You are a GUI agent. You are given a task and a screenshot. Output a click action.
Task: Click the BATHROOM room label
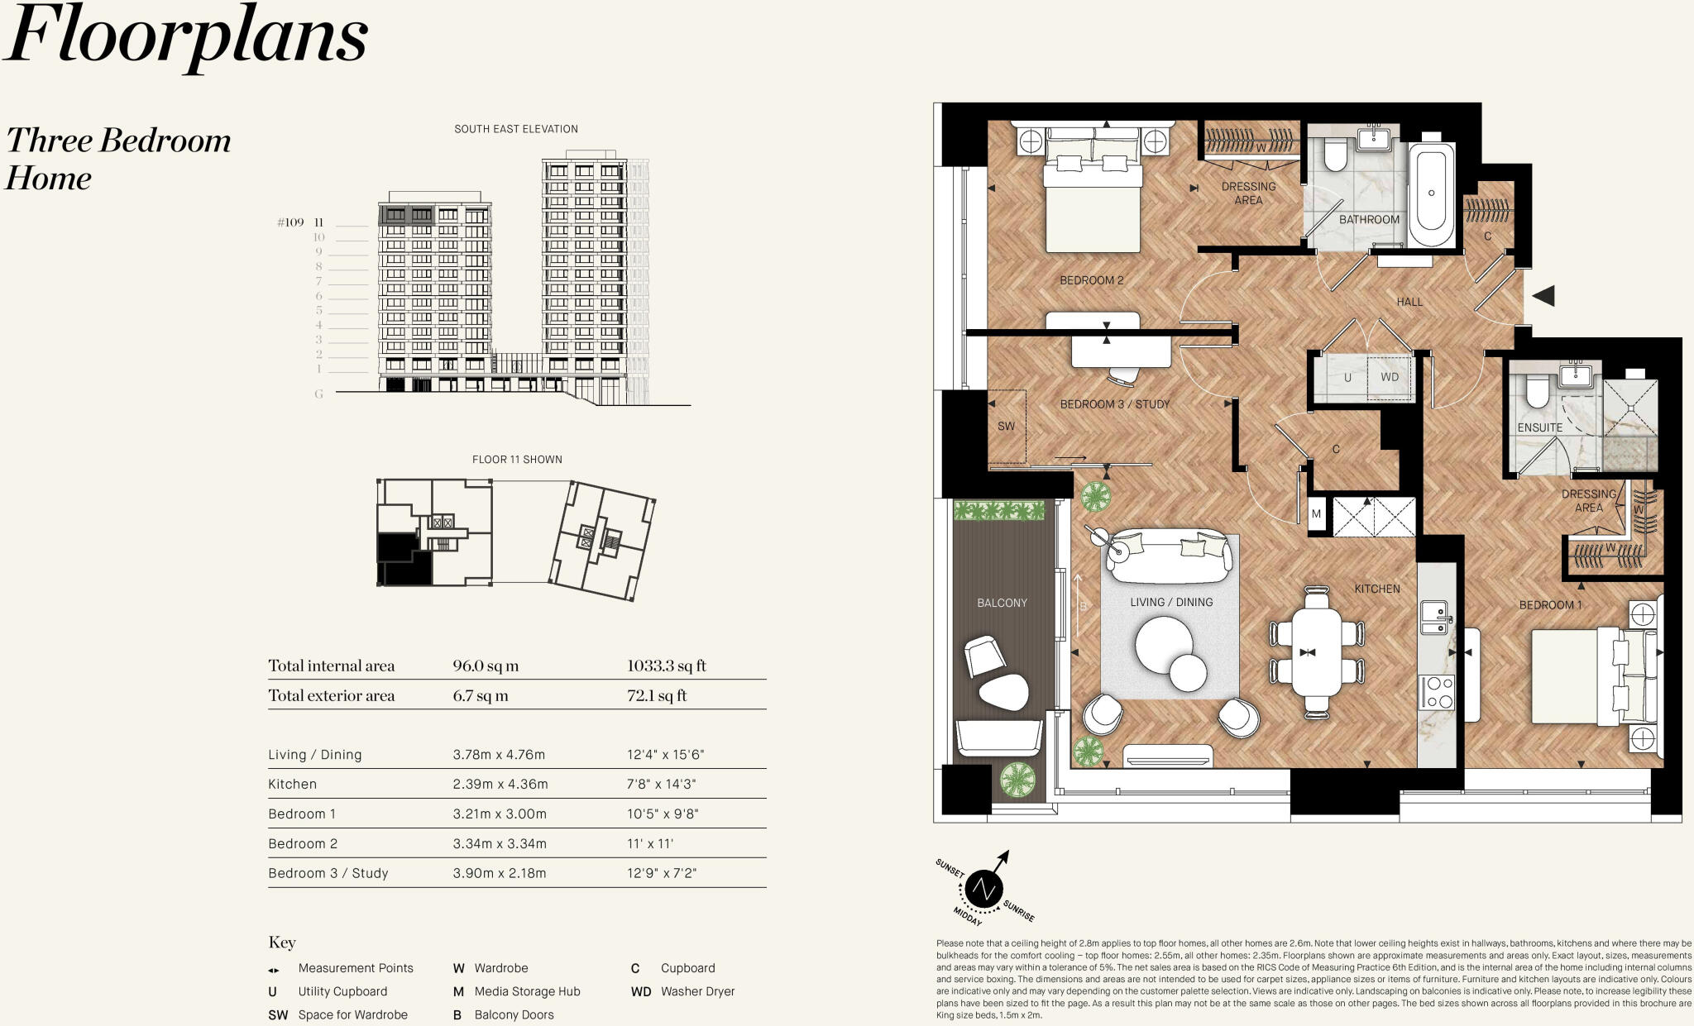pos(1369,219)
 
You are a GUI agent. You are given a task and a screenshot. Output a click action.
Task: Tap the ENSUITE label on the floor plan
pos(1539,427)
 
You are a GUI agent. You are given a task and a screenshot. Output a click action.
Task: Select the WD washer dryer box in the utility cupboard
pos(1390,377)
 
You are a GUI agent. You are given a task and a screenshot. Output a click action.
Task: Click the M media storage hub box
pos(1316,514)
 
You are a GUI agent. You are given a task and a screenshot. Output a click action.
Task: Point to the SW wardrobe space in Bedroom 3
pos(1006,427)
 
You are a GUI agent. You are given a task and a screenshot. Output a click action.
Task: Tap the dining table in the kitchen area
pos(1317,651)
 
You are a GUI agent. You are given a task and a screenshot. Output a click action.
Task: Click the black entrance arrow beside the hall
pos(1543,295)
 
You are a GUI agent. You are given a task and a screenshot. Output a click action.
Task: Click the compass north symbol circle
pos(983,889)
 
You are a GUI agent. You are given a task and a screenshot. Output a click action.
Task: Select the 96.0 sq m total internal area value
pos(486,666)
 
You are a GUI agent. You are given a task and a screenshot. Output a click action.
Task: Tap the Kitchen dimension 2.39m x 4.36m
pos(500,784)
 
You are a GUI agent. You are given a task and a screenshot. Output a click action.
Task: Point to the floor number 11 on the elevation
pos(318,222)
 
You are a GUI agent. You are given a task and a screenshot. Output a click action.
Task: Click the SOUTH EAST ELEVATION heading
pos(516,129)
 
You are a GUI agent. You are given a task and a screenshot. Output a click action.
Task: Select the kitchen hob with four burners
pos(1437,692)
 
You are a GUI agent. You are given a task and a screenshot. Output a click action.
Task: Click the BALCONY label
pos(1002,603)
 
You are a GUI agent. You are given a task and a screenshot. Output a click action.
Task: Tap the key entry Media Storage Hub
pos(527,991)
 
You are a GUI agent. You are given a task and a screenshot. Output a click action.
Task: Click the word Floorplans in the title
pos(186,37)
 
